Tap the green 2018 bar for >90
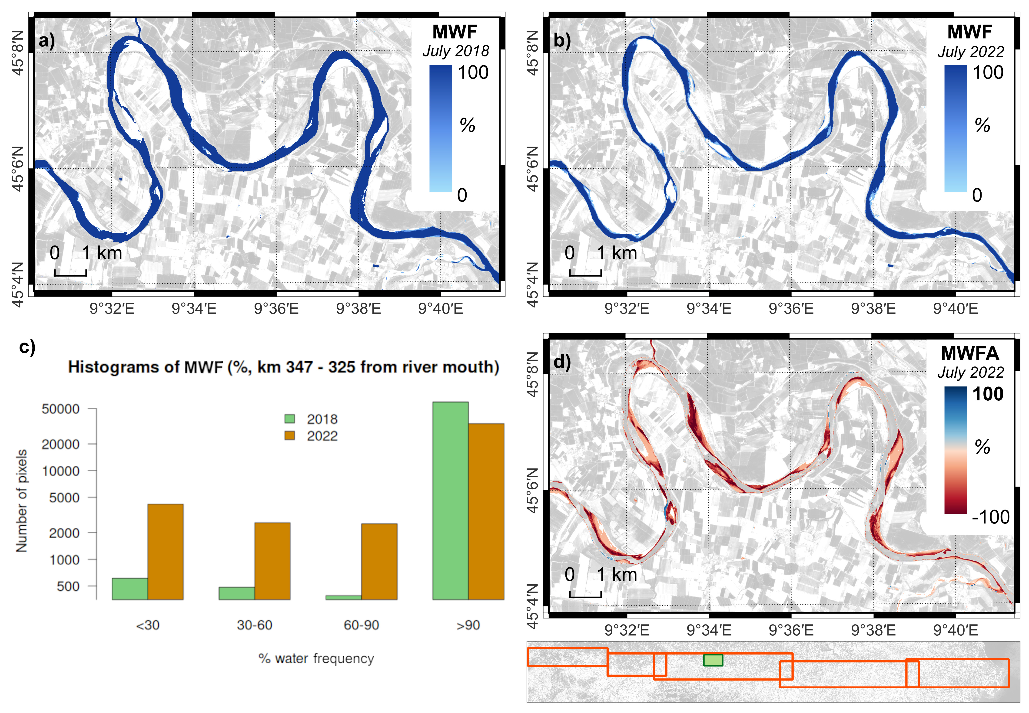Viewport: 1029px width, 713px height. pyautogui.click(x=450, y=500)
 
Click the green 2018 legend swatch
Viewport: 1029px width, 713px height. pyautogui.click(x=289, y=419)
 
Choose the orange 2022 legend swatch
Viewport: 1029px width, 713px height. pyautogui.click(x=289, y=435)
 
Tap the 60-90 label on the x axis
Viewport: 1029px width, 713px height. pyautogui.click(x=361, y=625)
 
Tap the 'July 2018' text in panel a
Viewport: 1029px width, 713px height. pyautogui.click(x=456, y=51)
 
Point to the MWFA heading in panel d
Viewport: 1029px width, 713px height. pyautogui.click(x=969, y=353)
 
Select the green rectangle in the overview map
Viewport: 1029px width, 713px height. pyautogui.click(x=713, y=660)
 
